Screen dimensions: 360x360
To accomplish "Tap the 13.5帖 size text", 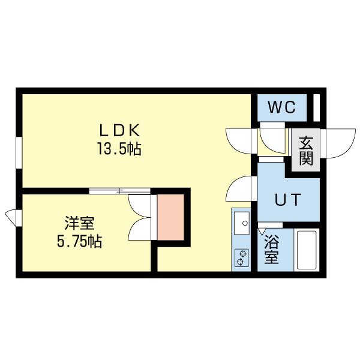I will tap(119, 149).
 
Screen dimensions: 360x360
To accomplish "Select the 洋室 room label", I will tap(79, 224).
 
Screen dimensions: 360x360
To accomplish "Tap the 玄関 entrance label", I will tap(306, 151).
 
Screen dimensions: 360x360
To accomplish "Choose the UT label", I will tap(287, 200).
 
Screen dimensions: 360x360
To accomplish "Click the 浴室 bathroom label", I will tap(272, 251).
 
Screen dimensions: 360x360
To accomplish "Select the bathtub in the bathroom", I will tap(307, 250).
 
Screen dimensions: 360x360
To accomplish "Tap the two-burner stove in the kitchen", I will tap(241, 257).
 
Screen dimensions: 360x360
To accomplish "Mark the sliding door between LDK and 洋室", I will tap(119, 191).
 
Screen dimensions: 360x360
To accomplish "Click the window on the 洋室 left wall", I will tap(12, 215).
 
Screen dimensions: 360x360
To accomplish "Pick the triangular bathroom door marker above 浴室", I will tap(262, 230).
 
